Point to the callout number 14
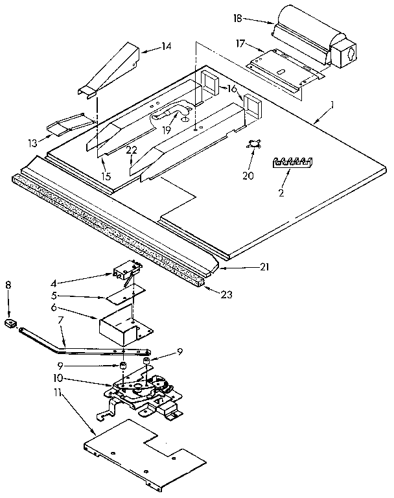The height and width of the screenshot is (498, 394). pos(167,46)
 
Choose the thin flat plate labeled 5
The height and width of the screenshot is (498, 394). pos(122,295)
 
